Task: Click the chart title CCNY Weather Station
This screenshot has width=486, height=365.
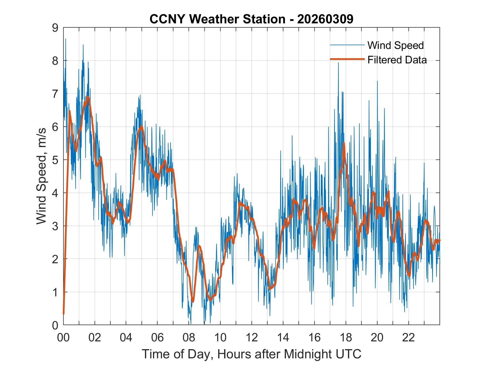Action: pos(251,19)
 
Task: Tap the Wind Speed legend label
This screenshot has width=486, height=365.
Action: pos(395,45)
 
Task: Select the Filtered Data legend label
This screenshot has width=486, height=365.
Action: pos(397,60)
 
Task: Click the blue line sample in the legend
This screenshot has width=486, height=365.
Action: pos(347,45)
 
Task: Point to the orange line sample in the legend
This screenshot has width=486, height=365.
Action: pos(347,59)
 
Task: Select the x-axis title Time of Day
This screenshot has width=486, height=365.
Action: pos(251,354)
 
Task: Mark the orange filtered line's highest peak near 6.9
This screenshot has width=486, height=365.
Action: pos(88,97)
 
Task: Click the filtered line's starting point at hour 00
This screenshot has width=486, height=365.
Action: pos(64,314)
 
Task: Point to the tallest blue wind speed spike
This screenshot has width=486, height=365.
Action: pos(66,39)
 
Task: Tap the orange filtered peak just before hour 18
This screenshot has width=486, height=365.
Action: pos(344,143)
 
